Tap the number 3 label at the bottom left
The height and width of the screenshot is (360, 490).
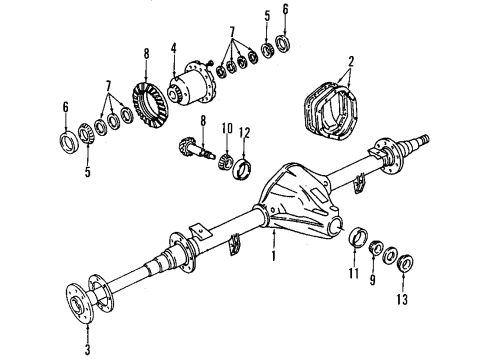[87, 350]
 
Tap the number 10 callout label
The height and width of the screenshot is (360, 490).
[226, 129]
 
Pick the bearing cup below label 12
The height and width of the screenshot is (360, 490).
[241, 164]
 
